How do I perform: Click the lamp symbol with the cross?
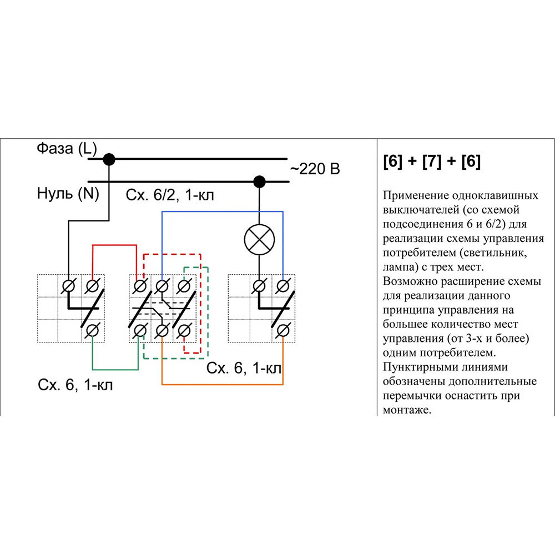click(x=258, y=240)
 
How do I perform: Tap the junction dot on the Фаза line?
click(x=109, y=160)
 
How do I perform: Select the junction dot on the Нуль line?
click(x=258, y=181)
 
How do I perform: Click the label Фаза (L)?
click(x=67, y=149)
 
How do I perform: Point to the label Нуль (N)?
click(x=65, y=194)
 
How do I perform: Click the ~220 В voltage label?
click(x=315, y=169)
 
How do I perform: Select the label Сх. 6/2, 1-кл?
click(x=170, y=195)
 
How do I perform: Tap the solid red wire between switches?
click(x=114, y=245)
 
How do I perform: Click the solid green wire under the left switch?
click(x=114, y=369)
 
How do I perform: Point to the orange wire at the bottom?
click(x=222, y=384)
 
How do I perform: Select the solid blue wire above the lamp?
click(x=222, y=211)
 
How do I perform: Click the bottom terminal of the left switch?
click(x=92, y=331)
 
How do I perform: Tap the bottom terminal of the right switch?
click(x=283, y=331)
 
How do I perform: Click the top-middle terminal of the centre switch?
click(x=162, y=286)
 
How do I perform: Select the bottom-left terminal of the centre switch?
click(x=140, y=331)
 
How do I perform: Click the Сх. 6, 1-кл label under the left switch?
click(x=75, y=385)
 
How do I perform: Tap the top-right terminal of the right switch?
click(x=283, y=286)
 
